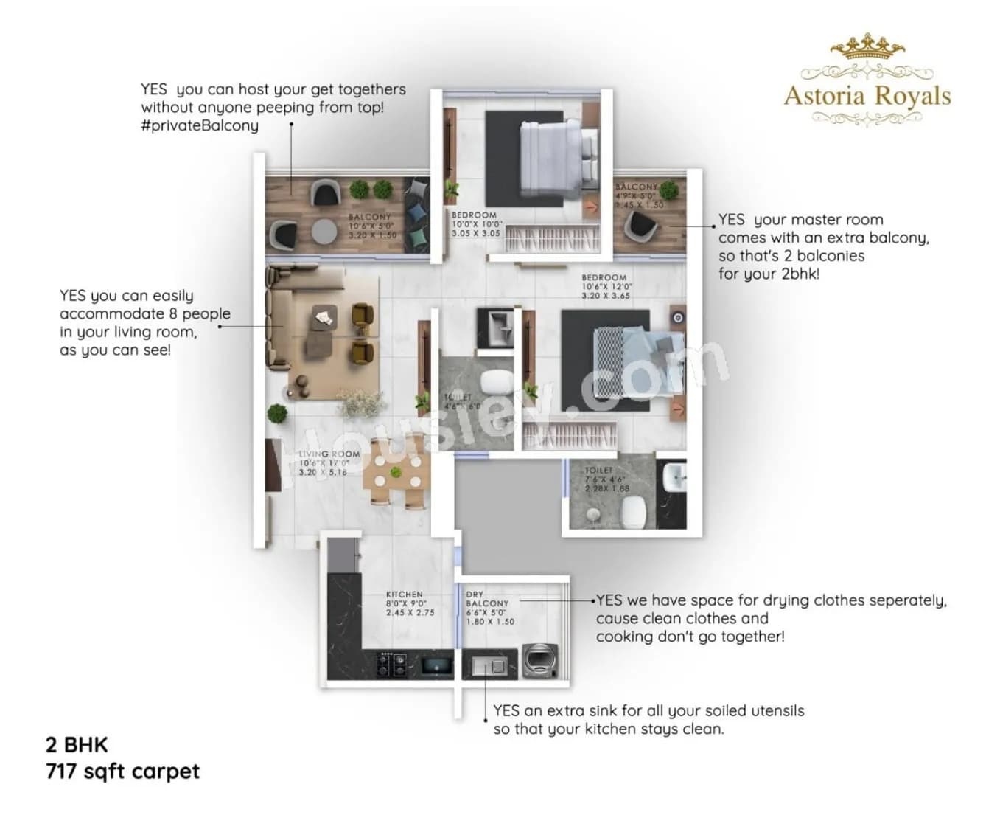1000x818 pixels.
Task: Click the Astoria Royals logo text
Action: coord(867,97)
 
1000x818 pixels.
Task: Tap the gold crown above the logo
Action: coord(867,46)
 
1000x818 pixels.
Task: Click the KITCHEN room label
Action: coord(405,595)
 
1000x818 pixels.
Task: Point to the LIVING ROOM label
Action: coord(329,454)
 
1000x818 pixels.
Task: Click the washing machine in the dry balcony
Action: coord(541,661)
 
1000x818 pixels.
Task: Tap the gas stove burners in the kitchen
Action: coord(391,664)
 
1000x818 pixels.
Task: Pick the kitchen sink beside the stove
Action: coord(437,665)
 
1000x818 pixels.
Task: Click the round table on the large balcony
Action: coord(324,231)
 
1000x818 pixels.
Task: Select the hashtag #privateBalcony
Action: coord(200,125)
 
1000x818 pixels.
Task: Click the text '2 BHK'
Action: coord(77,744)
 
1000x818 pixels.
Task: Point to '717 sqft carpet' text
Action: coord(122,772)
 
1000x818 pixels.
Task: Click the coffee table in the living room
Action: coord(324,317)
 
